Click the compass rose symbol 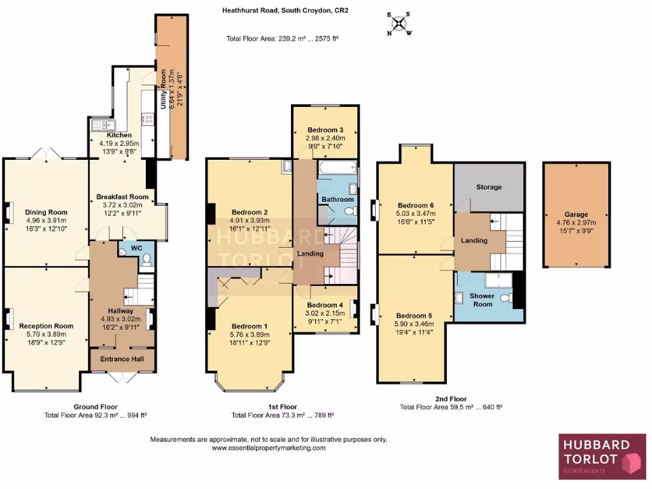pos(399,23)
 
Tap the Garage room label pos(576,215)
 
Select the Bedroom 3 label pos(325,129)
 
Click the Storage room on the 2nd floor pos(489,187)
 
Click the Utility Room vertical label pos(164,90)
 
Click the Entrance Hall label pos(124,359)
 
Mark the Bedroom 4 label pos(325,304)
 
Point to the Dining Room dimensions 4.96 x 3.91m pos(46,220)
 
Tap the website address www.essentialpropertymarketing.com pos(268,448)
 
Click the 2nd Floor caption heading pos(450,399)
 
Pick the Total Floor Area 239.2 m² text pos(282,39)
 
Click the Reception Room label pos(46,326)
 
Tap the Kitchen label pos(119,135)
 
